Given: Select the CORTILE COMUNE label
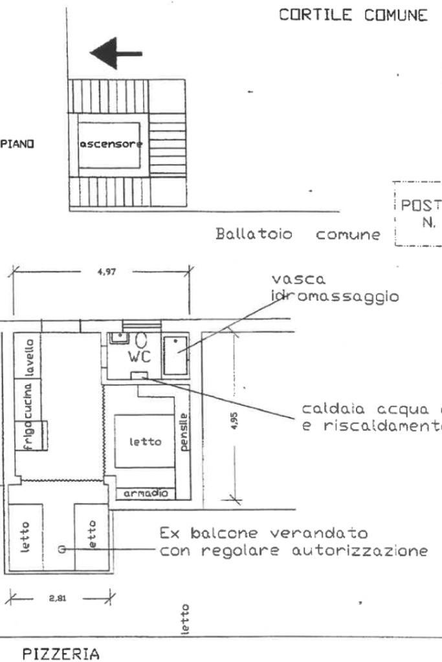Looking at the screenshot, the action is [x=353, y=16].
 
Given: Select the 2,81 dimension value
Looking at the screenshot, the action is [x=58, y=597].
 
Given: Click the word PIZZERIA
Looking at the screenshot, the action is [x=61, y=654].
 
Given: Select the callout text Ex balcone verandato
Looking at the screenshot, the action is [x=263, y=535].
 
